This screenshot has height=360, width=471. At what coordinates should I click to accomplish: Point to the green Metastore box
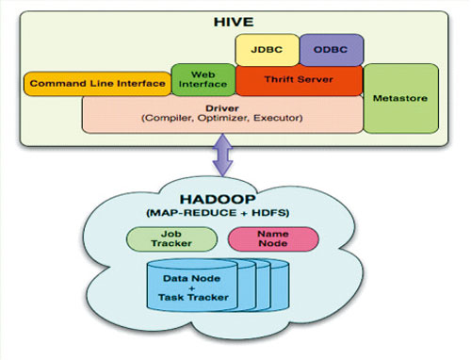(400, 99)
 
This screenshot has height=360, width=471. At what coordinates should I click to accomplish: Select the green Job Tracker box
(170, 238)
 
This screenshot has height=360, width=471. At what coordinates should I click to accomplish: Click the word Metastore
(400, 99)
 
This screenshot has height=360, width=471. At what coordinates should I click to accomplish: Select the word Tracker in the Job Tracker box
(170, 245)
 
